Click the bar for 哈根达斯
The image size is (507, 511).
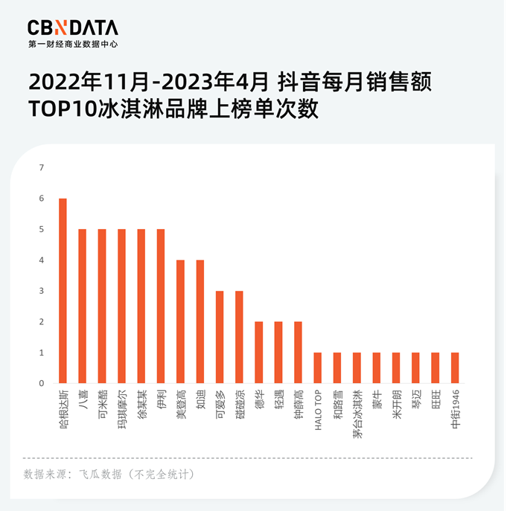pyautogui.click(x=63, y=291)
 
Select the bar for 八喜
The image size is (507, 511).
pyautogui.click(x=83, y=306)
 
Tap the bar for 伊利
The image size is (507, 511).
pyautogui.click(x=161, y=306)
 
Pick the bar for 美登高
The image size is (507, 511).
pyautogui.click(x=180, y=321)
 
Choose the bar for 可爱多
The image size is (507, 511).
pyautogui.click(x=220, y=337)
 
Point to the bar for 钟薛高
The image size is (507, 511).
pyautogui.click(x=298, y=353)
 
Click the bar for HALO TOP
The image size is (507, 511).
pyautogui.click(x=318, y=368)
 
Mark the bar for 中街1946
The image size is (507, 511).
pyautogui.click(x=455, y=368)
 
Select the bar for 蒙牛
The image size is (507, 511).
pyautogui.click(x=377, y=368)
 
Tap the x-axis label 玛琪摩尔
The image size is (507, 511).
pyautogui.click(x=122, y=405)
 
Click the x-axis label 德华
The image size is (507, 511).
pyautogui.click(x=259, y=398)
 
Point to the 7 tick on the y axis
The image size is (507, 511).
pyautogui.click(x=42, y=167)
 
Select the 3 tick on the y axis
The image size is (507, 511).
pyautogui.click(x=42, y=291)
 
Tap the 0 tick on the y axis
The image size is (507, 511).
pyautogui.click(x=42, y=383)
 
